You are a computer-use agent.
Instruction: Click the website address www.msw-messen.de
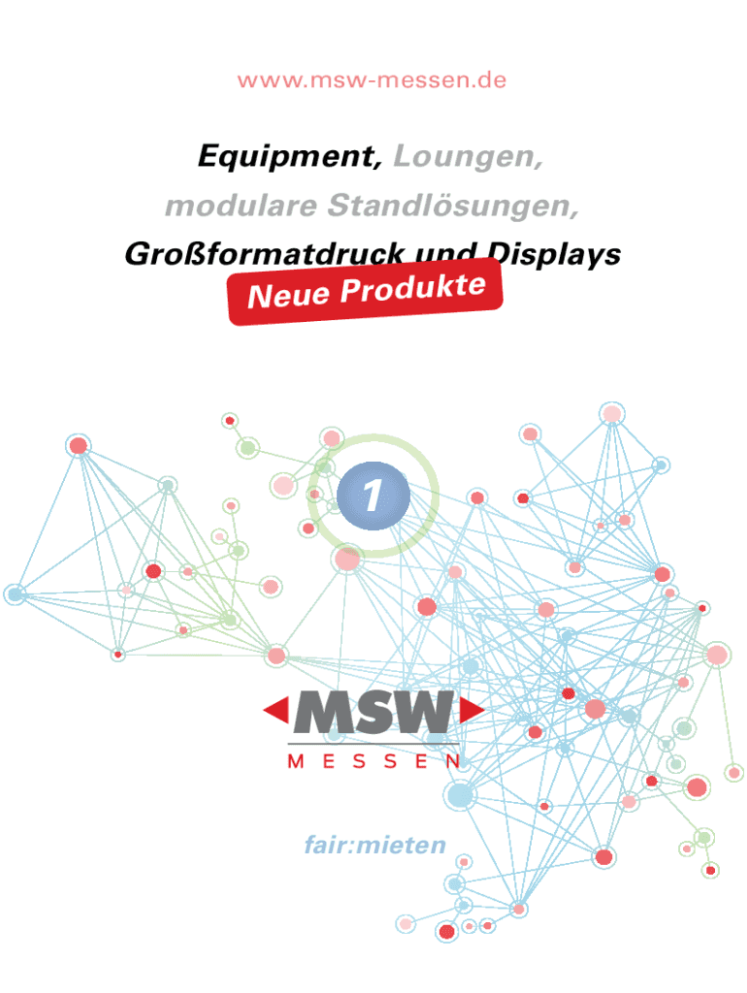click(x=373, y=80)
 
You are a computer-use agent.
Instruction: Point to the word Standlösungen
click(x=455, y=206)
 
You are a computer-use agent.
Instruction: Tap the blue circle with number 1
click(x=373, y=496)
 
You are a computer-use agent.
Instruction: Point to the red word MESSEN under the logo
click(x=374, y=762)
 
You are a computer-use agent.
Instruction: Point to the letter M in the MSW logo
click(x=323, y=713)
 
